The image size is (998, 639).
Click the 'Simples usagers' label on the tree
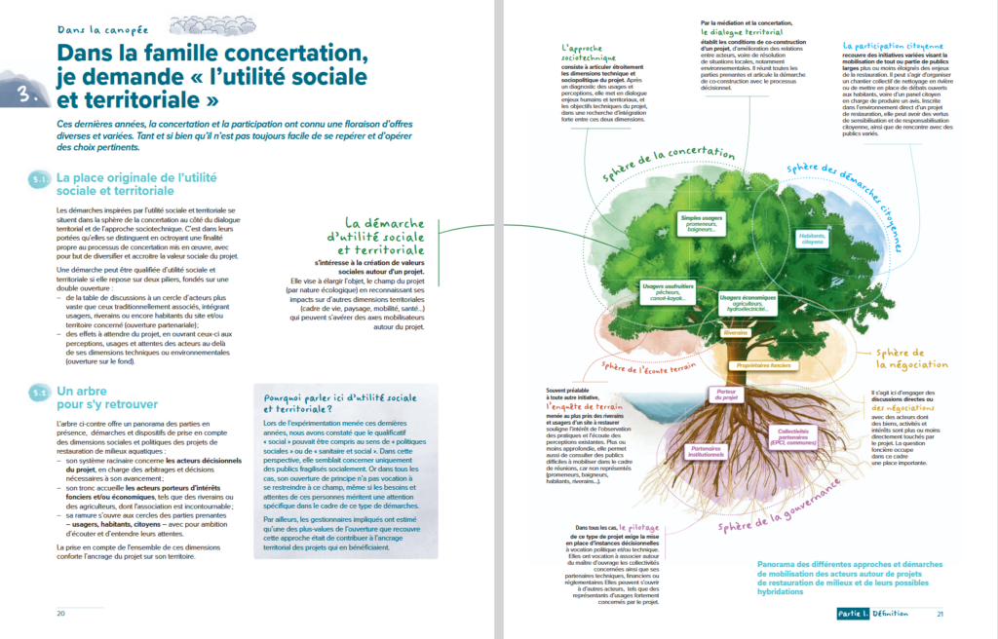[x=700, y=223]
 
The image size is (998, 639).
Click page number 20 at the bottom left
[x=60, y=614]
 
